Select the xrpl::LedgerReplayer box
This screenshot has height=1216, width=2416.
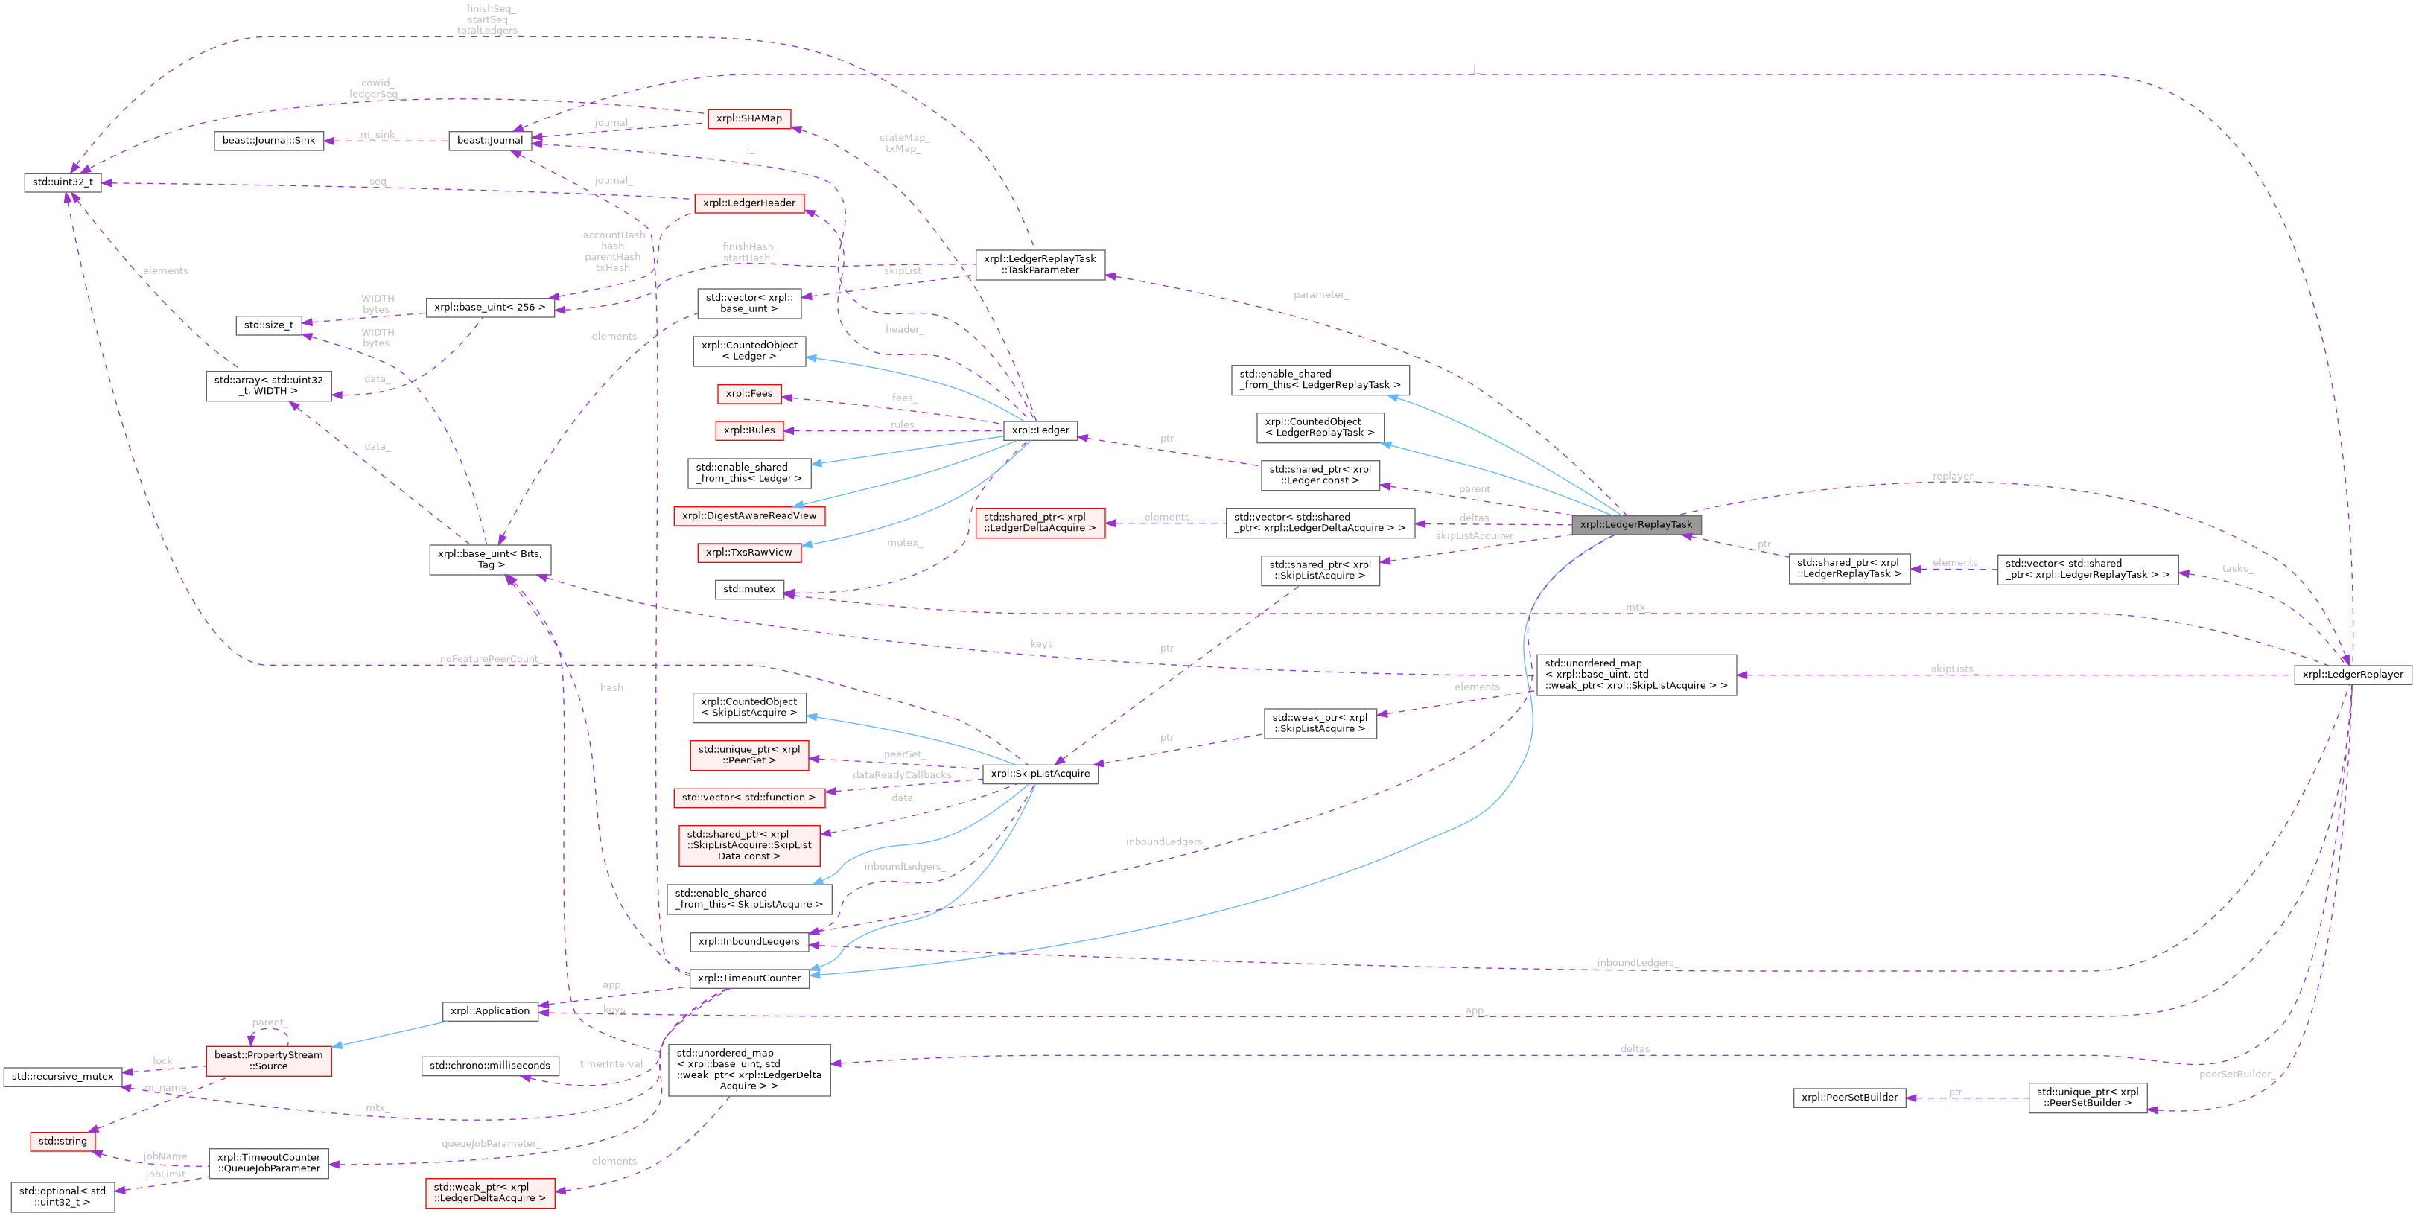point(2352,674)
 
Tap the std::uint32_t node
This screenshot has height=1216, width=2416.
point(62,182)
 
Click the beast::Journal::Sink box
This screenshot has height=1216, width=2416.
point(268,141)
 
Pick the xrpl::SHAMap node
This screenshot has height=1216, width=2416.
point(748,118)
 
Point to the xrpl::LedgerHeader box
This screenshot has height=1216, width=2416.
point(748,203)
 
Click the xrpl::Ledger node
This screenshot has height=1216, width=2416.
point(1040,430)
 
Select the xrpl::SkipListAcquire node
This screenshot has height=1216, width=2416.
point(1040,774)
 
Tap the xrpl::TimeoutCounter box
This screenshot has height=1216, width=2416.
point(748,978)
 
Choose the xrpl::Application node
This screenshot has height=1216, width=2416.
point(489,1010)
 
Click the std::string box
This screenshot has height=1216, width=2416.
point(62,1141)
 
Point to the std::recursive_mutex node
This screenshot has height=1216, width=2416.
point(62,1076)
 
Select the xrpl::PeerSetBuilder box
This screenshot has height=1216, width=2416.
point(1848,1097)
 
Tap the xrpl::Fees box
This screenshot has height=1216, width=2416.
point(748,394)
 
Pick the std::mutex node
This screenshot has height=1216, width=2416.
point(748,589)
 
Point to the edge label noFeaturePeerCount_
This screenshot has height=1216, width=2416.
point(489,659)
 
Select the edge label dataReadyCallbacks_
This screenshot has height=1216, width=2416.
point(902,775)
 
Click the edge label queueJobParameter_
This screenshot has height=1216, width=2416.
point(489,1144)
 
